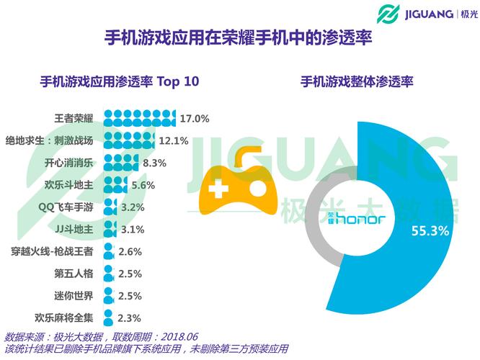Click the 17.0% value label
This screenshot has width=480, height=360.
click(195, 118)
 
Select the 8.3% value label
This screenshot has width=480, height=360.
click(154, 163)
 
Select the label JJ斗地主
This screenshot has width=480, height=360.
click(74, 229)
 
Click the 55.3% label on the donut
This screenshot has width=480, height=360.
click(430, 231)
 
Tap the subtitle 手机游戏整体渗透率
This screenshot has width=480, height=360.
click(356, 81)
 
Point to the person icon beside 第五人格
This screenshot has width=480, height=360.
click(109, 274)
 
